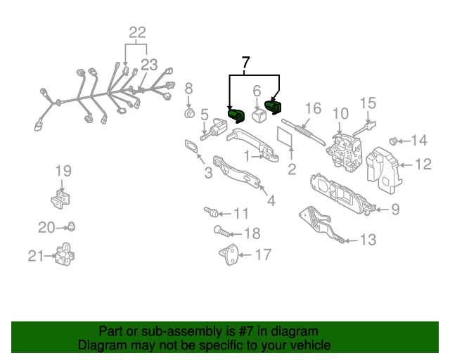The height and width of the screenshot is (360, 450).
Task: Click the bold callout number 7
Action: coord(246,63)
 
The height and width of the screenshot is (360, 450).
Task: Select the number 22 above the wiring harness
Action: coord(138,32)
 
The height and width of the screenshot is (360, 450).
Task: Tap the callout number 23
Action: coord(149,65)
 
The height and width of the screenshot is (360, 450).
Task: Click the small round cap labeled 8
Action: coord(189,113)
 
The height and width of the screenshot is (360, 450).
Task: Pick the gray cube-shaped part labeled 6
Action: coord(259,115)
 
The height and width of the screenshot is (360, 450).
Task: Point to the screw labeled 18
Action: coord(221,231)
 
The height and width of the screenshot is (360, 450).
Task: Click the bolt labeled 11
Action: coord(211,212)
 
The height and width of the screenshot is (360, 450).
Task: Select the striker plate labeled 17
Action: coord(229,255)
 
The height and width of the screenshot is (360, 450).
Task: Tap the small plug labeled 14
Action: coord(393,141)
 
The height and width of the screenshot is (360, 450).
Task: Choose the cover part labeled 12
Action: coord(384,169)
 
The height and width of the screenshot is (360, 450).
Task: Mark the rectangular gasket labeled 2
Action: coord(284,136)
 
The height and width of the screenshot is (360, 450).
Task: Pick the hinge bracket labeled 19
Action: coord(60,199)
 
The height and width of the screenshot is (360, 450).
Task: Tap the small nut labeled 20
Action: coord(71,227)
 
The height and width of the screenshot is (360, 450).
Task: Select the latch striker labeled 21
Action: coord(65,254)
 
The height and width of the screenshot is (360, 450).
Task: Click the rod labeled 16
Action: coord(304,133)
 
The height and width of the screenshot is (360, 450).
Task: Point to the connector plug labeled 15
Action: coord(364,129)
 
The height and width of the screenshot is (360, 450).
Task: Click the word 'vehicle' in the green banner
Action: coord(311,345)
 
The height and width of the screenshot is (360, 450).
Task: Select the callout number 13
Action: coord(368,239)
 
